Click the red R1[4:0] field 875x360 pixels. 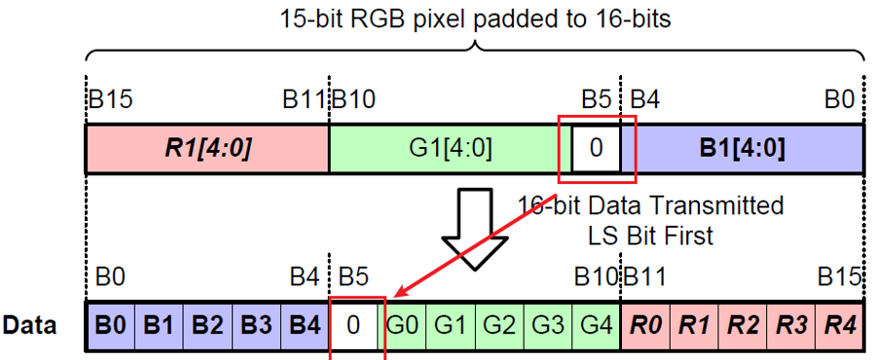tap(206, 149)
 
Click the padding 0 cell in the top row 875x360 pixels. tap(597, 149)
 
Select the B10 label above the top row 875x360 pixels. tap(355, 99)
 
